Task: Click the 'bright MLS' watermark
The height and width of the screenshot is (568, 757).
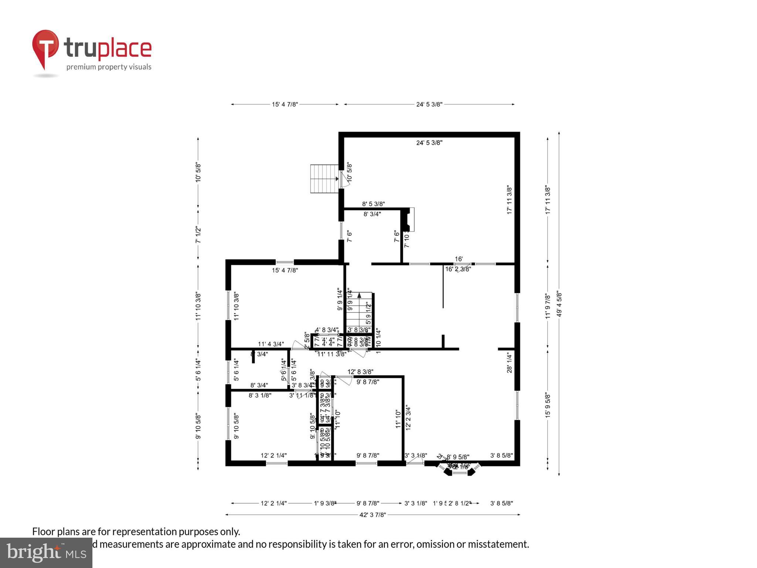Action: click(x=46, y=552)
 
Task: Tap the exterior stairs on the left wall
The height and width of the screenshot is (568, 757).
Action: click(x=324, y=179)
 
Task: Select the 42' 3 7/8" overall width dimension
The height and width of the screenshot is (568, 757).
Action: click(x=372, y=514)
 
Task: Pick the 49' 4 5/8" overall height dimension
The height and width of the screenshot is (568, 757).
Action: click(x=559, y=303)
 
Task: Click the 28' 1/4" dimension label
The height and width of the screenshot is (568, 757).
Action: click(x=509, y=362)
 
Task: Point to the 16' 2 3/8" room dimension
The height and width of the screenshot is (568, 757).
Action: click(x=458, y=269)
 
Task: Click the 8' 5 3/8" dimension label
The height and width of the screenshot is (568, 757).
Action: click(x=373, y=204)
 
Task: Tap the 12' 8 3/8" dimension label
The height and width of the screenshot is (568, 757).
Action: click(x=360, y=372)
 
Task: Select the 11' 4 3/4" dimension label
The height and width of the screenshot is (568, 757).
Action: click(x=271, y=344)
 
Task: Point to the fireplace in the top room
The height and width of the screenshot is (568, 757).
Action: click(x=408, y=219)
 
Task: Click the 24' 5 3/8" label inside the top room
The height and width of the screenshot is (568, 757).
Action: click(x=429, y=143)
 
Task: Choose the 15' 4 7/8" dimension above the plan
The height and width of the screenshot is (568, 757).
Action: click(x=285, y=104)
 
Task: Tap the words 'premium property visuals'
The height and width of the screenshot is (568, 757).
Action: click(x=109, y=67)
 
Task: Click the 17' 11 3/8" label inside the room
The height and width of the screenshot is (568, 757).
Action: click(x=509, y=200)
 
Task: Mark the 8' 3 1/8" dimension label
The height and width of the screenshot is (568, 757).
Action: click(x=260, y=395)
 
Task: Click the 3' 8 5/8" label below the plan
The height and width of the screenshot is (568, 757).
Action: click(x=501, y=503)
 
